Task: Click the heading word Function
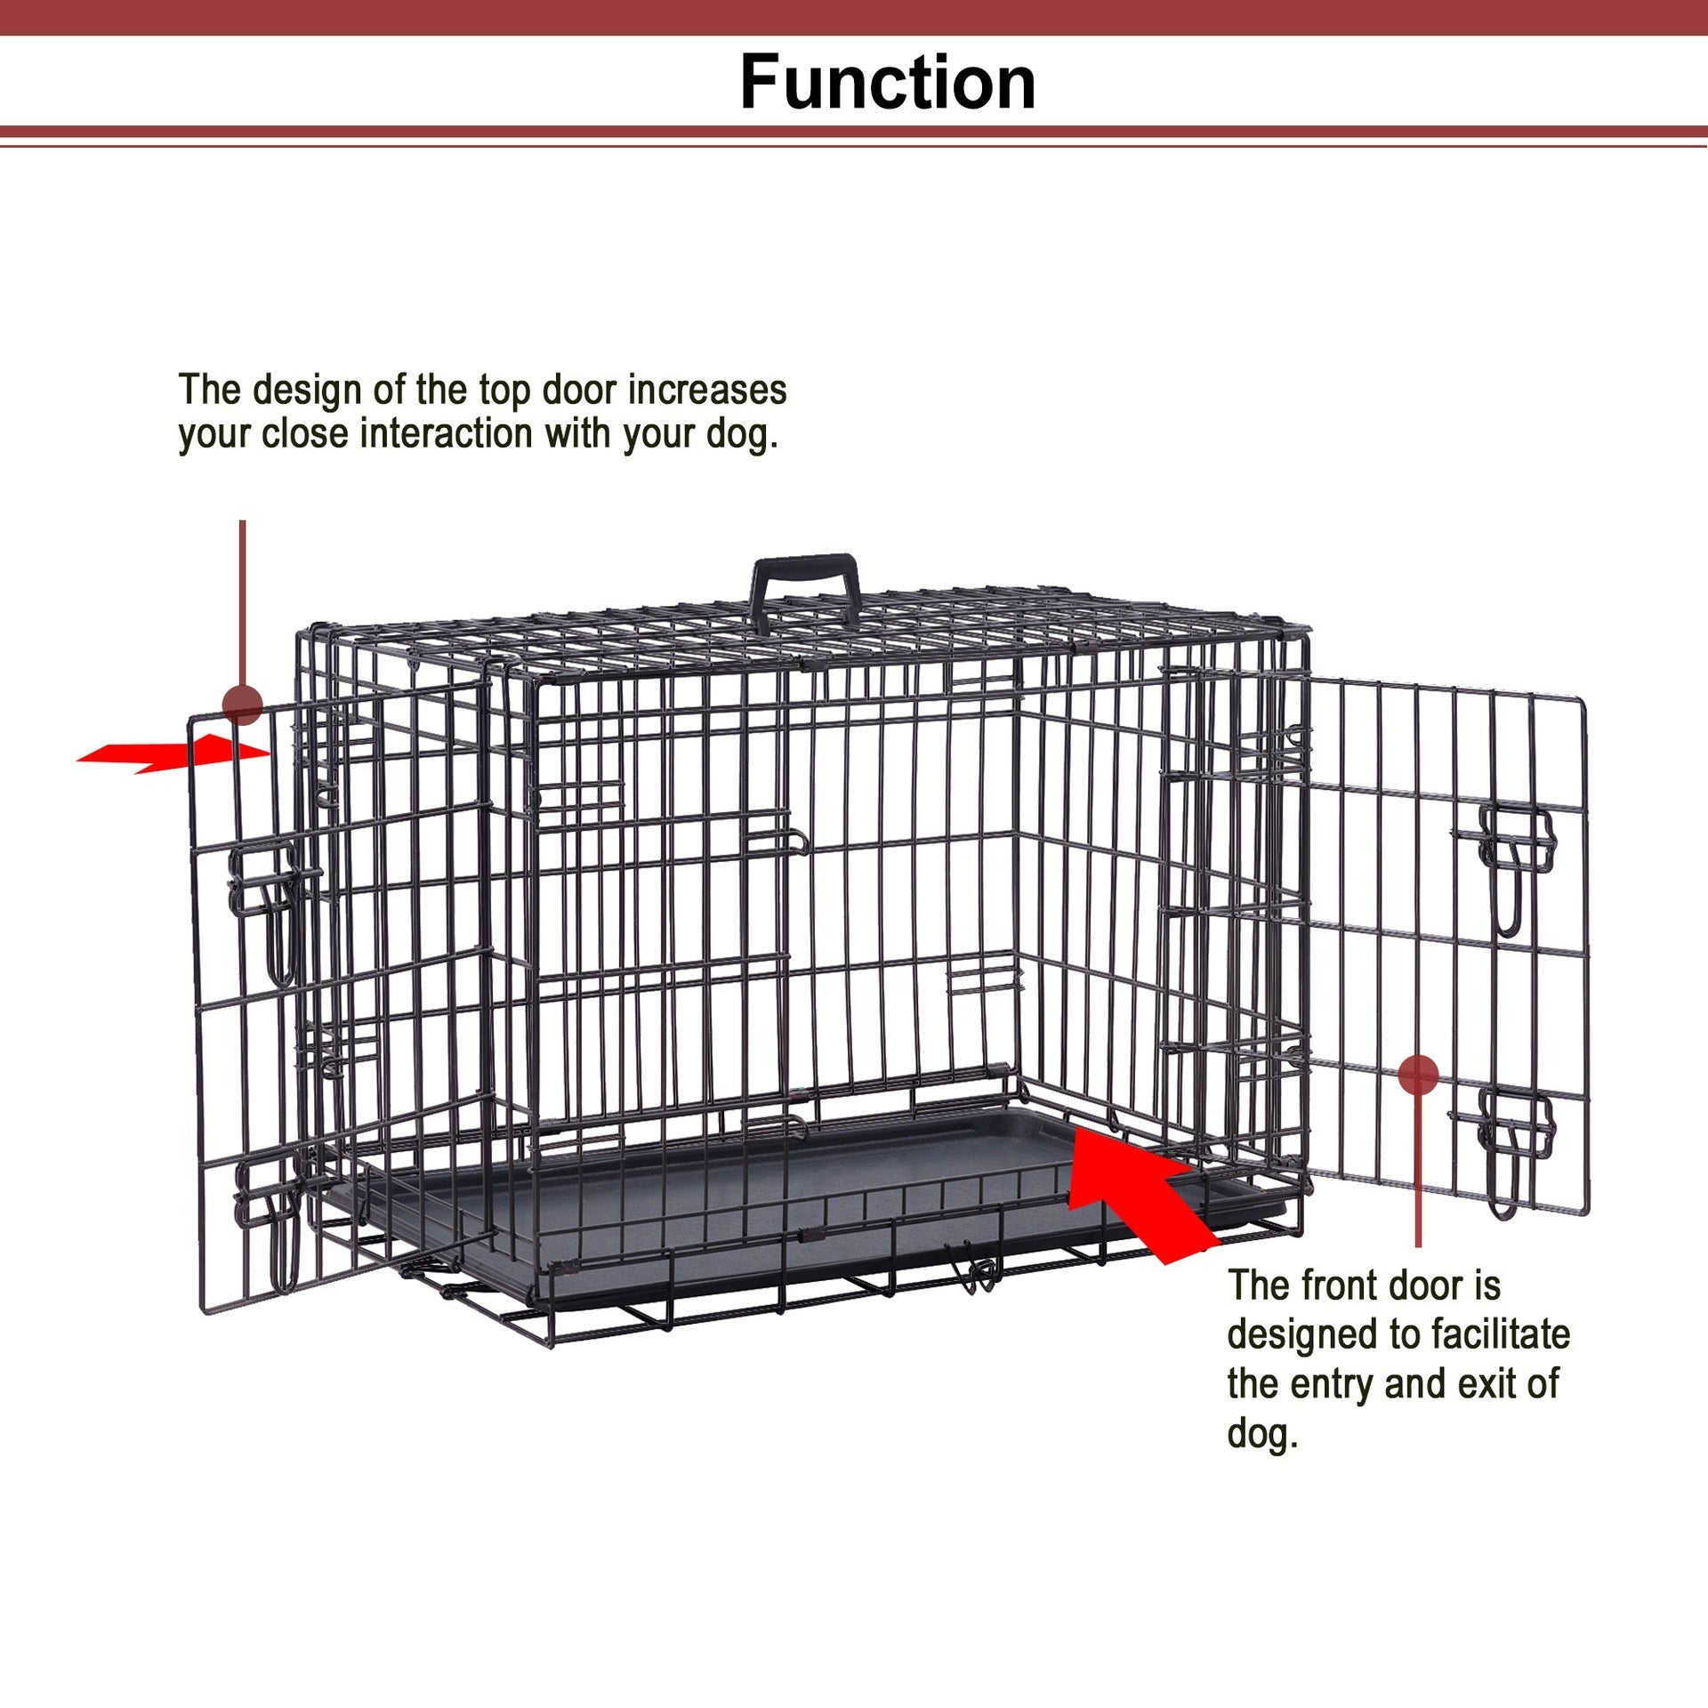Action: (888, 83)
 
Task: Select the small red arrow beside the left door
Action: (173, 753)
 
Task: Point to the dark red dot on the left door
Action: (242, 705)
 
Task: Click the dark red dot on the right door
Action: (1418, 1075)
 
